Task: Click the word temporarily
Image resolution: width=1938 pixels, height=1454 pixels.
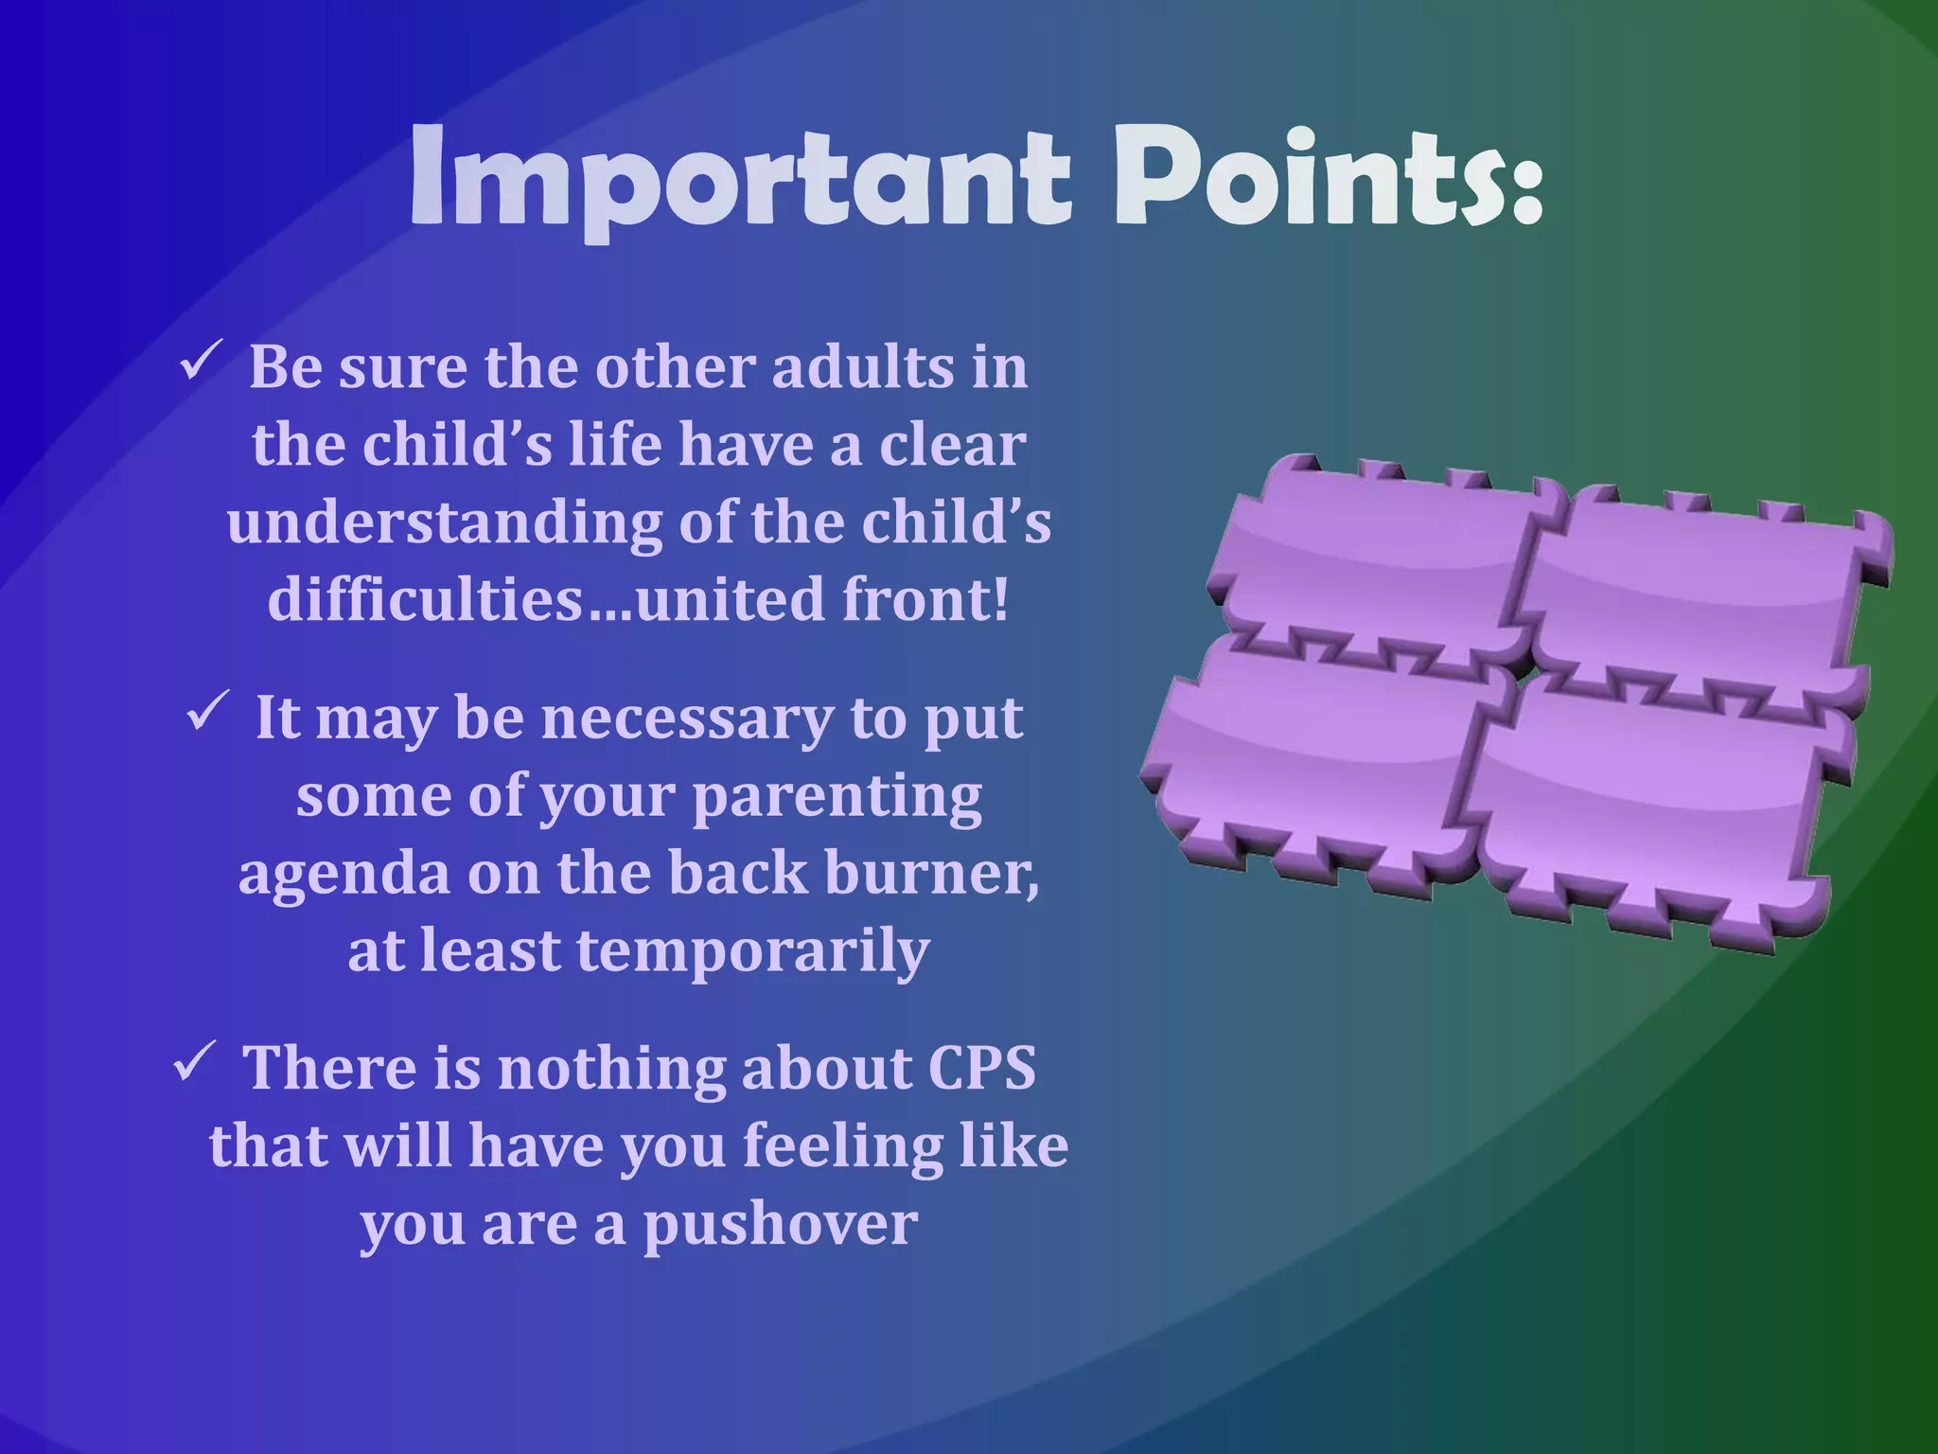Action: [x=752, y=952]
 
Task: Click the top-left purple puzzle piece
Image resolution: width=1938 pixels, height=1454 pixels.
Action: [x=1372, y=559]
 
